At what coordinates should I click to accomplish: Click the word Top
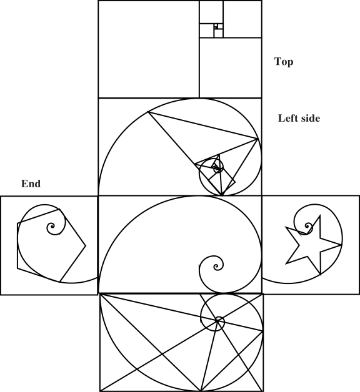click(284, 62)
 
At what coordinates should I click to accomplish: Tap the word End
click(31, 184)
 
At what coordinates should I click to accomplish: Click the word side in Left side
click(311, 118)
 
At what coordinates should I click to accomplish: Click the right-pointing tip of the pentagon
click(86, 246)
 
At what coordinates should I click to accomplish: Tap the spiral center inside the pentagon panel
click(52, 227)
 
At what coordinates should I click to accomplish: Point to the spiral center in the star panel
click(307, 226)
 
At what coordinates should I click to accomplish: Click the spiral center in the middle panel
click(216, 267)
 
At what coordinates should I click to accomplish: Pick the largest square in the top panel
click(149, 49)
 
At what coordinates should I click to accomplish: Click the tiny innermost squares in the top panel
click(216, 26)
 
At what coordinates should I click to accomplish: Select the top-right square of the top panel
click(242, 19)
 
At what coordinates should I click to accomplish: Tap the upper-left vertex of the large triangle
click(148, 112)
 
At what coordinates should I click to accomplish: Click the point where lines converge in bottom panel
click(217, 321)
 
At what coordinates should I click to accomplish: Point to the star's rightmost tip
click(342, 245)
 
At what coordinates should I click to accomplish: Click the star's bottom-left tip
click(286, 263)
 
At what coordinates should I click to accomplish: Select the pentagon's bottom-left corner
click(17, 268)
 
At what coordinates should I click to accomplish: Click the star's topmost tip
click(320, 215)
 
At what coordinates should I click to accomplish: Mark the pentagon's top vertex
click(59, 209)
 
